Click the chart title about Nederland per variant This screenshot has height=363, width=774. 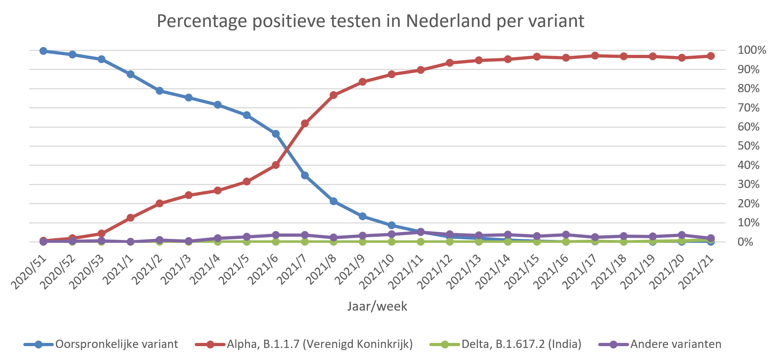click(x=370, y=21)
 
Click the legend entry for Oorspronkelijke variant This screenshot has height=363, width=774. click(x=116, y=344)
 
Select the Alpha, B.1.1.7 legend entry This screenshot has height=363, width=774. click(x=319, y=344)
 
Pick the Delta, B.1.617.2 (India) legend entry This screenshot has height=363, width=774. click(x=521, y=344)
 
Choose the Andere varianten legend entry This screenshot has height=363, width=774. click(x=676, y=344)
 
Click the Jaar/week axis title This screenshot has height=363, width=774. click(x=377, y=306)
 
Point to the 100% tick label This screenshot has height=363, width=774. click(x=751, y=50)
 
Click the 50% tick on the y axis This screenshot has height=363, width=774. click(x=748, y=146)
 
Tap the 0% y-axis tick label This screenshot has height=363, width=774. click(x=745, y=242)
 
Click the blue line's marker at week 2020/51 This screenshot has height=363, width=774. click(x=43, y=51)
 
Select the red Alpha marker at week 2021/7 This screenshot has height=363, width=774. click(x=305, y=123)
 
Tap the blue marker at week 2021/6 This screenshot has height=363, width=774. click(x=276, y=134)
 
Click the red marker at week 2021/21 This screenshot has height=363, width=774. click(x=711, y=56)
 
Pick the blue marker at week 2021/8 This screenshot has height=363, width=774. click(x=334, y=201)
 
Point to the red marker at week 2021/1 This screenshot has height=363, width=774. click(x=131, y=218)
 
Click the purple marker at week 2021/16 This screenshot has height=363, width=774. click(x=566, y=235)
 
